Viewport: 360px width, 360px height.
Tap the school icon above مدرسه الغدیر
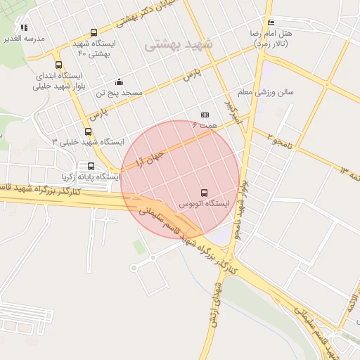click(x=25, y=27)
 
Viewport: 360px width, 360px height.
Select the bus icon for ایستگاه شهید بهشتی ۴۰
click(x=94, y=32)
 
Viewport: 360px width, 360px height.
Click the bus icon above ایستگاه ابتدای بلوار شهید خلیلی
click(x=58, y=65)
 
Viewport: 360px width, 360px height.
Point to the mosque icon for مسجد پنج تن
click(x=118, y=82)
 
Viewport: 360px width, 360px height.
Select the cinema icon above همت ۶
click(x=205, y=114)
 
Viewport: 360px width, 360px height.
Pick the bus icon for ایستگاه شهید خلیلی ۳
click(x=88, y=131)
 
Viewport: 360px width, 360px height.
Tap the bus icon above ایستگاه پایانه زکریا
click(x=92, y=167)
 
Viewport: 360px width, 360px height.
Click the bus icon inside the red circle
click(x=204, y=193)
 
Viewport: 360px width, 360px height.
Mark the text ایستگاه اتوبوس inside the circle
click(x=204, y=204)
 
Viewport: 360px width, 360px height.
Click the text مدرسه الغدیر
click(x=25, y=38)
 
